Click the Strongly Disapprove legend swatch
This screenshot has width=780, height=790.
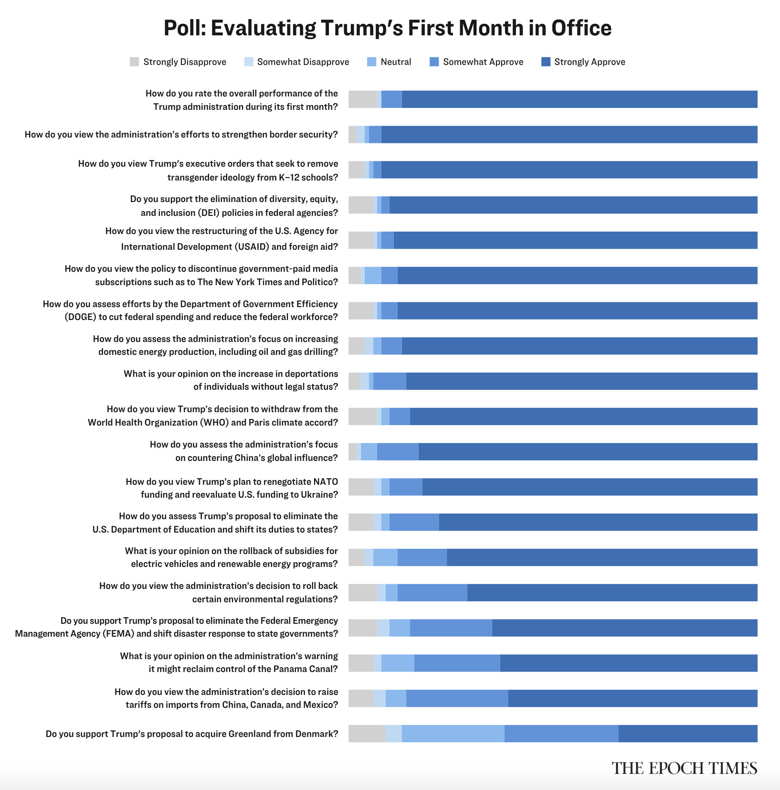[x=134, y=62]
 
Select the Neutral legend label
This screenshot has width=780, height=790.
[x=396, y=62]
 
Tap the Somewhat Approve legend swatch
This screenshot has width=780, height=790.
[x=434, y=62]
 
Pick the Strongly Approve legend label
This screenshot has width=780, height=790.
[x=590, y=62]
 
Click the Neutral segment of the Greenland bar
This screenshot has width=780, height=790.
[x=453, y=734]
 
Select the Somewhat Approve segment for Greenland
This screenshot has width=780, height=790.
[x=561, y=734]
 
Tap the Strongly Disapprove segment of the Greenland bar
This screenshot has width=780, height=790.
[x=367, y=734]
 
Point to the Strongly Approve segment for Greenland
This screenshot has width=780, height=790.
[x=687, y=734]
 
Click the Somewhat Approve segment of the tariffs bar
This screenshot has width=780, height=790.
[x=457, y=698]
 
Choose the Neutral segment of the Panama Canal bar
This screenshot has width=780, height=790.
[x=398, y=663]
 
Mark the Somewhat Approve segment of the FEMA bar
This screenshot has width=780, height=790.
[x=451, y=628]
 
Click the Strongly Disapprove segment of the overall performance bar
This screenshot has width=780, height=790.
[x=362, y=99]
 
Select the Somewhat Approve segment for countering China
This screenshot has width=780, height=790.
[x=398, y=452]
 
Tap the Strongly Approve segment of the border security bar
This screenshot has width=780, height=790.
[x=569, y=135]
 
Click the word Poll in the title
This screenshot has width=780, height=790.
[x=184, y=28]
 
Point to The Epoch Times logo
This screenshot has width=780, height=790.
[x=684, y=769]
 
